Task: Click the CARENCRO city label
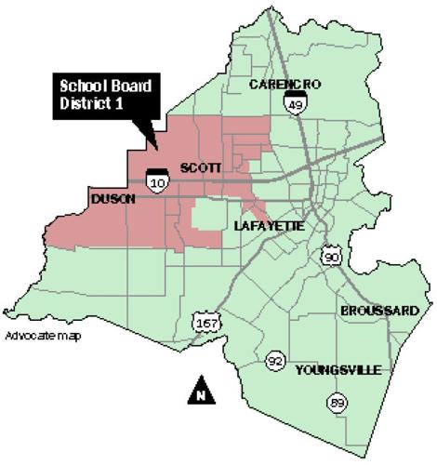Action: coord(285,85)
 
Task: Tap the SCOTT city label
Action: coord(200,167)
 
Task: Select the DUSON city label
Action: coord(113,199)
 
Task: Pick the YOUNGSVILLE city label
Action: coord(338,370)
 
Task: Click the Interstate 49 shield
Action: coord(296,103)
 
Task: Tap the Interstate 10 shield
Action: coord(157,178)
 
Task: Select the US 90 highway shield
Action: coord(332,256)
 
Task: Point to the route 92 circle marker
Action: coord(274,361)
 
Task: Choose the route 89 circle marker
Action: coord(335,403)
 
